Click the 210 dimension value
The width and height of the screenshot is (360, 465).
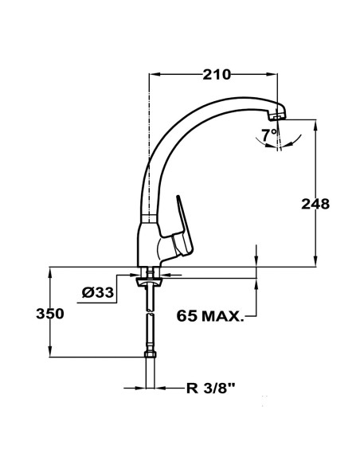[x=217, y=75]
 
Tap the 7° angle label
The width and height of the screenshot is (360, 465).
[x=270, y=133]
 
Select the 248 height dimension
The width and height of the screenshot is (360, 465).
[x=315, y=203]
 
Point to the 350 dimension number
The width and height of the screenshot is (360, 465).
[x=49, y=314]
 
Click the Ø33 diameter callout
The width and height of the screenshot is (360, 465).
[x=98, y=294]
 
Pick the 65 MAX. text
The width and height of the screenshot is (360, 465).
[x=210, y=317]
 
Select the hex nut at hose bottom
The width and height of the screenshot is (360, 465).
[x=149, y=358]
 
